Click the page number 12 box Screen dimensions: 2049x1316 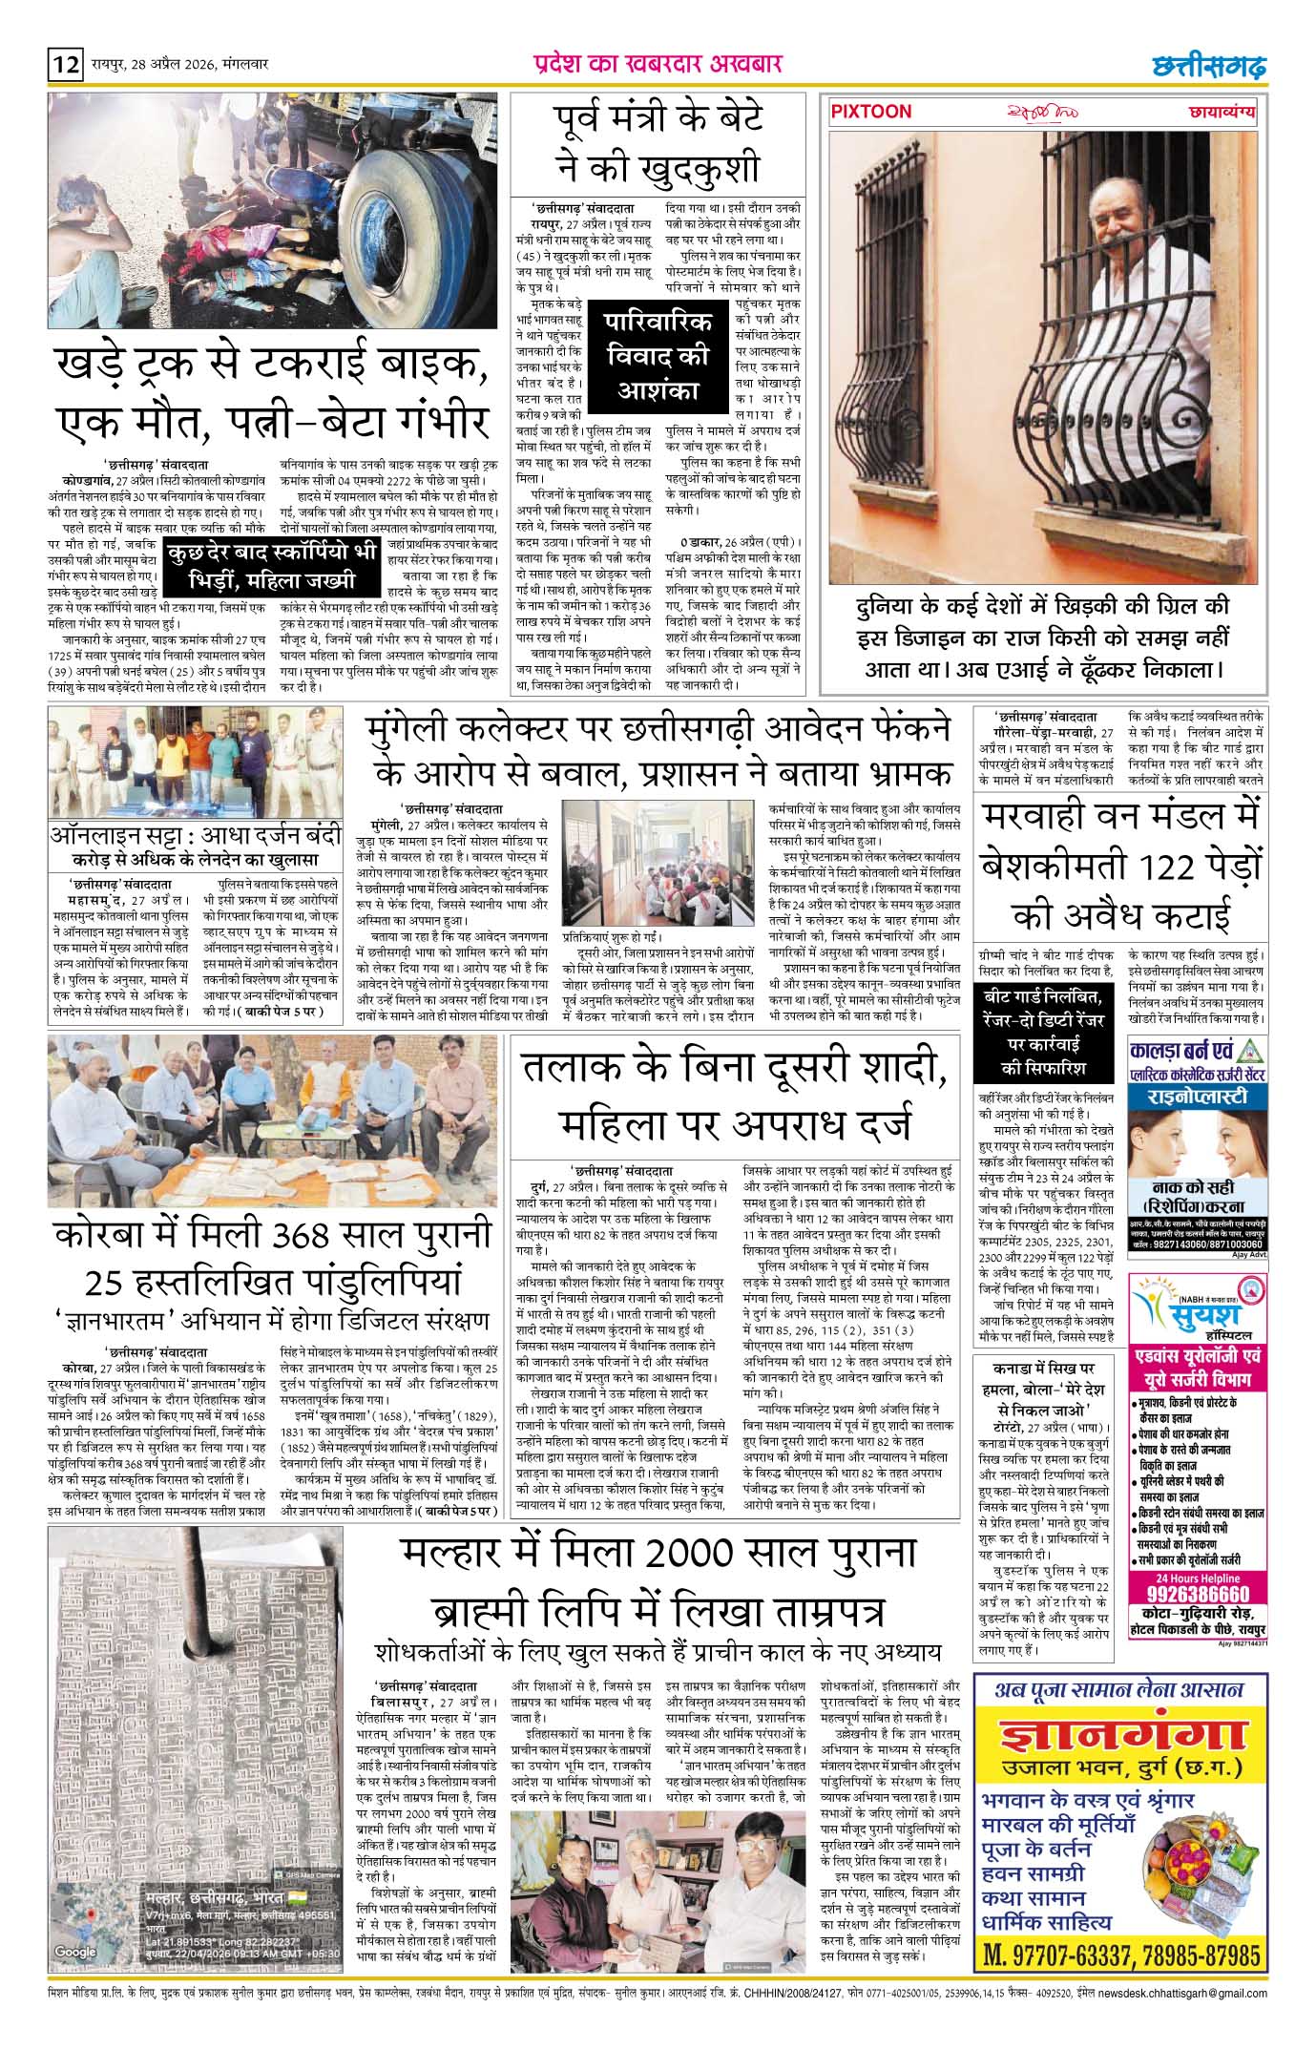point(66,66)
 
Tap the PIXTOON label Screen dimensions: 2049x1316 point(871,112)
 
